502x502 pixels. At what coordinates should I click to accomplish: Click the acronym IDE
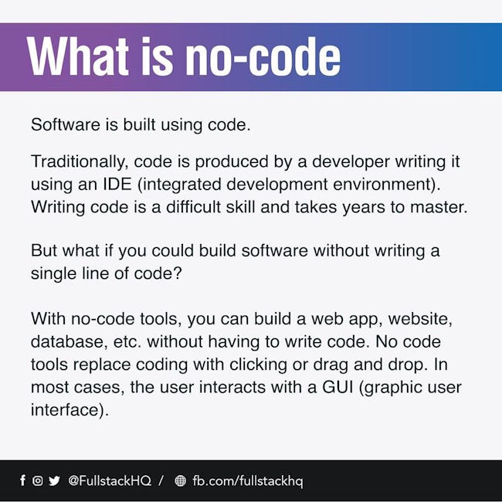point(117,184)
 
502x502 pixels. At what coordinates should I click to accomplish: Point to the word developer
point(351,162)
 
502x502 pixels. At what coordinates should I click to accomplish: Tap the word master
point(439,207)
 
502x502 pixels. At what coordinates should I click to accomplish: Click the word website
point(420,319)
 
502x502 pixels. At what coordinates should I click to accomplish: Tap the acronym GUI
point(337,387)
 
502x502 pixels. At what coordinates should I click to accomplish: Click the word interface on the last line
point(67,410)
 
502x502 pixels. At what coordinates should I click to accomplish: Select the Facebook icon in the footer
point(22,480)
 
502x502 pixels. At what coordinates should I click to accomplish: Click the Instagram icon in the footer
point(38,480)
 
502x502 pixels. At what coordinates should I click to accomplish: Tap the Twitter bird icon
point(54,480)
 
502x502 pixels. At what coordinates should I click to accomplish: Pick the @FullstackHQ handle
point(110,480)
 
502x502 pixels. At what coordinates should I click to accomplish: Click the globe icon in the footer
point(180,480)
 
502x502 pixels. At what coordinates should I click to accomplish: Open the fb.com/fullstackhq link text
point(248,481)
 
